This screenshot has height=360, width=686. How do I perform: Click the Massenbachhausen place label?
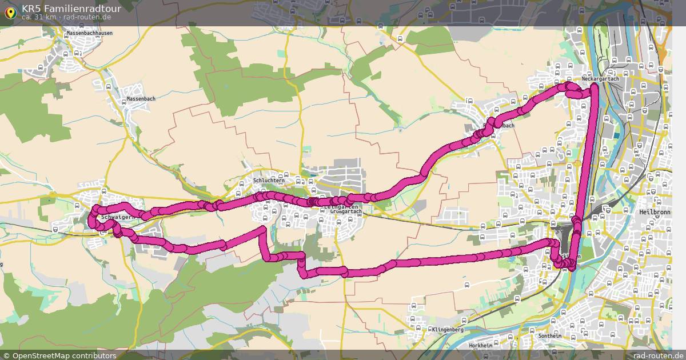pos(89,33)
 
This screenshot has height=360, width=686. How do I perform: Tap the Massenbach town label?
pos(141,99)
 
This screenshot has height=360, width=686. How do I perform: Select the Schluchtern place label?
pos(268,181)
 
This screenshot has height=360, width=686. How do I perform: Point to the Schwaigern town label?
pos(117,218)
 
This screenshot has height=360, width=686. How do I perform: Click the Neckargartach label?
pos(600,79)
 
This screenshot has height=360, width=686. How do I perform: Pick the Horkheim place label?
pos(480,346)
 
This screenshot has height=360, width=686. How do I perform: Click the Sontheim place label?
pos(550,336)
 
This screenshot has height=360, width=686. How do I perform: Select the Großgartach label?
pos(345,211)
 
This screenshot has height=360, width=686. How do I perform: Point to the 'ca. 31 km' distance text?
pos(39,17)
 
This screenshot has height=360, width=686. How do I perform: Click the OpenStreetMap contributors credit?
pos(59,355)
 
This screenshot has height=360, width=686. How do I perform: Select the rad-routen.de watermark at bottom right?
pos(659,355)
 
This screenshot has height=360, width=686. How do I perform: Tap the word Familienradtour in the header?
pos(83,8)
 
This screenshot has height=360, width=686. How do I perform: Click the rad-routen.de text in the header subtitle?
pos(87,17)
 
